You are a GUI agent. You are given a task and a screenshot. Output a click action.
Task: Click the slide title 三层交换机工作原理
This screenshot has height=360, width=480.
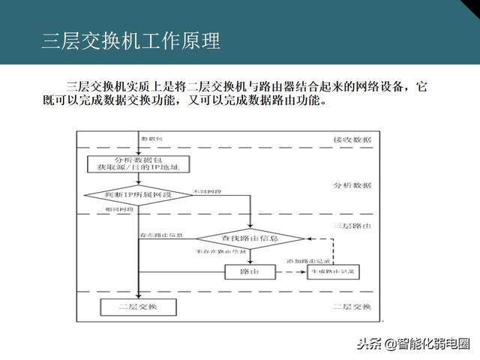tap(131, 41)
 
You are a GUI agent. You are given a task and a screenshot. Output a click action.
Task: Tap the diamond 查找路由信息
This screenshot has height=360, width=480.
tap(250, 238)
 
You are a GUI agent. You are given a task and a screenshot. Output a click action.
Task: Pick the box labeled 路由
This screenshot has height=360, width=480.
tap(244, 270)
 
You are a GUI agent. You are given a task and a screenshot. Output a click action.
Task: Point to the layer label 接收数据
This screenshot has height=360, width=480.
tap(352, 140)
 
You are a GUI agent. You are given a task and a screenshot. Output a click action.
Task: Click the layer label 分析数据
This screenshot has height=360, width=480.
tap(352, 184)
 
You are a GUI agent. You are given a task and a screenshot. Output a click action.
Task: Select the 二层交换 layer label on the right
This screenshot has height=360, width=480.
tap(352, 307)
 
